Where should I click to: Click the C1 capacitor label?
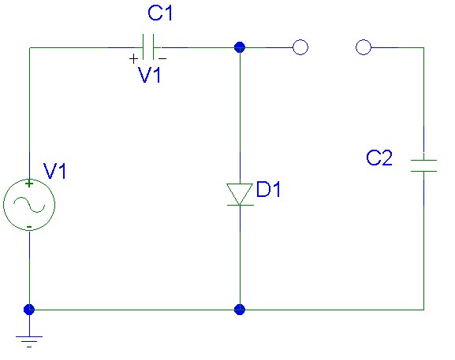click(160, 13)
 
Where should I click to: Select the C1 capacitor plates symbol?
click(148, 47)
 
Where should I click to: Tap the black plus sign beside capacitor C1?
click(133, 59)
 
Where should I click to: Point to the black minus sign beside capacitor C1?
click(162, 58)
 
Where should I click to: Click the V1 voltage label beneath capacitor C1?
click(150, 75)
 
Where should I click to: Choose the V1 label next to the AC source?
click(55, 171)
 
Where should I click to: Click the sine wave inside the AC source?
click(29, 205)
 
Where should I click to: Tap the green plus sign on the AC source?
click(29, 184)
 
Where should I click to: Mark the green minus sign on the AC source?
click(29, 226)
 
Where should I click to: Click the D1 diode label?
click(268, 189)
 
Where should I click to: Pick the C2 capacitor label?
click(379, 158)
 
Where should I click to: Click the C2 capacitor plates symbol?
click(423, 165)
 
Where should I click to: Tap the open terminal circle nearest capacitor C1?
click(300, 47)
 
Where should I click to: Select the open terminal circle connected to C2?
click(364, 47)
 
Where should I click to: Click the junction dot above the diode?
click(240, 47)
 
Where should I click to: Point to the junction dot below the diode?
click(240, 310)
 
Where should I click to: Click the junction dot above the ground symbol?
click(29, 310)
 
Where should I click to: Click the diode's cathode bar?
click(240, 205)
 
